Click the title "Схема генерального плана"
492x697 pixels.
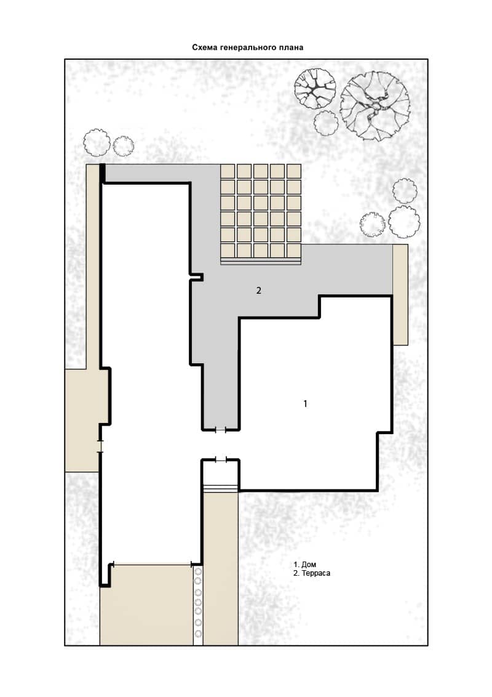[247, 47]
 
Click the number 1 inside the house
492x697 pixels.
[305, 404]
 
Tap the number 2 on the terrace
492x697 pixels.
[258, 290]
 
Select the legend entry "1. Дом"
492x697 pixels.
[304, 565]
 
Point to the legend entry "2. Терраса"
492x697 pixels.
[312, 573]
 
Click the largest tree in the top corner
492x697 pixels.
[375, 107]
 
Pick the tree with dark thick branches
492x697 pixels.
[315, 89]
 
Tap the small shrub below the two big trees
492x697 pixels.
[327, 123]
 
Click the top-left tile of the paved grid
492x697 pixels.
[228, 171]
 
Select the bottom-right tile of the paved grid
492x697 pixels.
[293, 250]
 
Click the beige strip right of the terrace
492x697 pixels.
[400, 294]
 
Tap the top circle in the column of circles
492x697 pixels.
[198, 571]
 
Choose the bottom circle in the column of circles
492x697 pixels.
[198, 634]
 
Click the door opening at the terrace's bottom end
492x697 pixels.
[221, 430]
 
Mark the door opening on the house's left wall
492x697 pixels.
[100, 446]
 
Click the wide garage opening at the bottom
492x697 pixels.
[152, 564]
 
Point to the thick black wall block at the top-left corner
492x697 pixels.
[102, 173]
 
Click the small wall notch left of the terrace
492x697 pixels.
[197, 277]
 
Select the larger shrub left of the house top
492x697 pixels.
[97, 142]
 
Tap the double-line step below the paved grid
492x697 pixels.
[261, 262]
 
